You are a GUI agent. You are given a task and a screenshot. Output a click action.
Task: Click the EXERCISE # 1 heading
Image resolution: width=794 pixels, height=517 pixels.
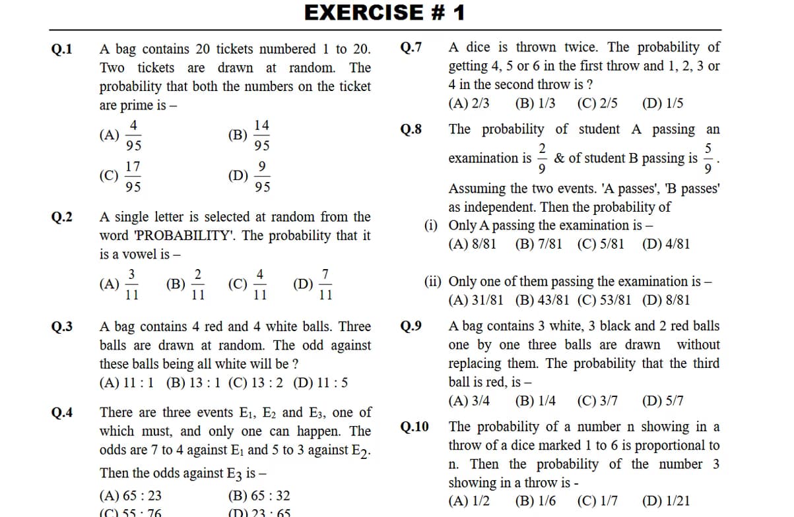385,13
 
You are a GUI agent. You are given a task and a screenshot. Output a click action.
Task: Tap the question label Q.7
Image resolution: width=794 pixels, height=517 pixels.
411,47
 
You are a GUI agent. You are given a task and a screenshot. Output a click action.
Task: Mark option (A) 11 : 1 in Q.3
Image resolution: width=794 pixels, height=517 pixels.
127,382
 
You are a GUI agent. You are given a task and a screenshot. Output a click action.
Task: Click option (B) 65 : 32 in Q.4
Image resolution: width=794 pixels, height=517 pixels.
258,496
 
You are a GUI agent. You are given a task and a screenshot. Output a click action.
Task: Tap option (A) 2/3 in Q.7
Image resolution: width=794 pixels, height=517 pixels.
469,104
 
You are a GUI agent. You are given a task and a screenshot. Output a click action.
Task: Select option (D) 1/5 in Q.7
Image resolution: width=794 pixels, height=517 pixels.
662,104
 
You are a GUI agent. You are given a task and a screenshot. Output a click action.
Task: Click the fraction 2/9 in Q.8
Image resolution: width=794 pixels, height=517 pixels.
542,158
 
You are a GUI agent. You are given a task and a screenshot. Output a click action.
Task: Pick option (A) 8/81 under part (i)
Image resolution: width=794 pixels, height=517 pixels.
472,244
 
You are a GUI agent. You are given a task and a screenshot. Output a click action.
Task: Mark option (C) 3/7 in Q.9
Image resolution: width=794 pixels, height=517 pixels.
597,401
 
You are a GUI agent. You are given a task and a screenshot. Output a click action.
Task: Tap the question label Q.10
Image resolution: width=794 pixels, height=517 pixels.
414,427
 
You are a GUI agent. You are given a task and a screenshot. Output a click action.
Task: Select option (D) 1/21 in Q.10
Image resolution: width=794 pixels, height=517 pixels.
665,501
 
